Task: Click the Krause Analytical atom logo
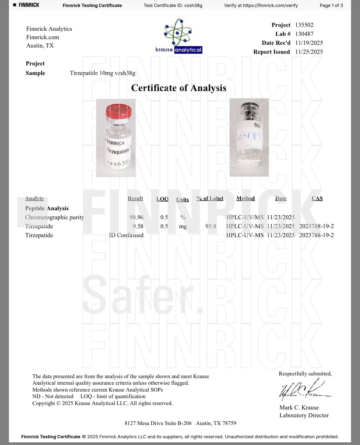point(179,33)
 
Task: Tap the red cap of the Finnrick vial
point(119,111)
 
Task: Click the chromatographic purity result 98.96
point(136,217)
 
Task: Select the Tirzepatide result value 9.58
point(138,226)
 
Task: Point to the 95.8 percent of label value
point(211,226)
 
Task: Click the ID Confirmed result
point(126,235)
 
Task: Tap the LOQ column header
point(162,199)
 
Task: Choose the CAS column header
point(317,199)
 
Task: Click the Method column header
point(245,199)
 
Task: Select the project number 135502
point(304,25)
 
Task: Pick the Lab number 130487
point(304,34)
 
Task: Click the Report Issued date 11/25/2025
point(309,52)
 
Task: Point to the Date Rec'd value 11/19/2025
point(309,43)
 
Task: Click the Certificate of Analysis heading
point(179,88)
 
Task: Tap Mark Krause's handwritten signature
point(301,390)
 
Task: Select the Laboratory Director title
point(304,415)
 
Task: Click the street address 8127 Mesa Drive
point(158,423)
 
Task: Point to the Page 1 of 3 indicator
point(331,5)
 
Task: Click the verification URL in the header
point(270,5)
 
